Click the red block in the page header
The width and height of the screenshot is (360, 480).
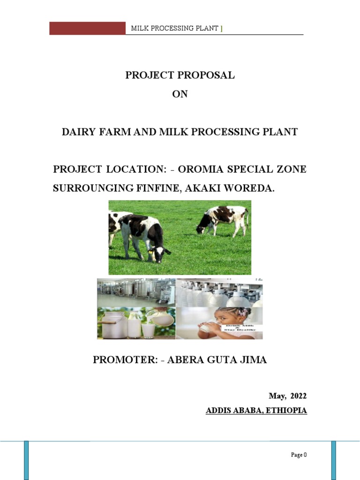(88, 28)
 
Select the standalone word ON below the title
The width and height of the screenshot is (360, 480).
(180, 94)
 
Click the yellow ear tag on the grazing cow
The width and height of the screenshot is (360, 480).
(150, 251)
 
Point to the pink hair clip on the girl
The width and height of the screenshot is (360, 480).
(243, 312)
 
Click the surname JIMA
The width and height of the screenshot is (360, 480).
(254, 360)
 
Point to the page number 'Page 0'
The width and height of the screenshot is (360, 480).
(298, 455)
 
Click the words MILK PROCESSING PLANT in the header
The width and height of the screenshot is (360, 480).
(174, 29)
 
